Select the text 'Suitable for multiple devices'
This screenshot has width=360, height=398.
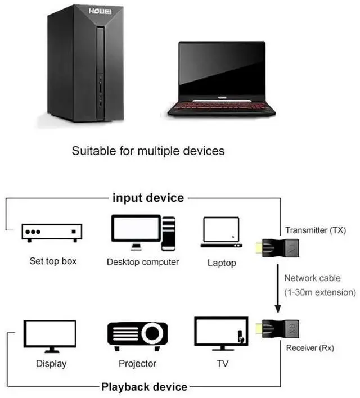[x=148, y=151]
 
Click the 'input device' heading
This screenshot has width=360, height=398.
[x=148, y=198]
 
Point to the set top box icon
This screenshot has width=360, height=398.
[x=52, y=232]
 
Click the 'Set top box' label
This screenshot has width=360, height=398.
[x=53, y=261]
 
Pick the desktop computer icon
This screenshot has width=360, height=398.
[x=143, y=232]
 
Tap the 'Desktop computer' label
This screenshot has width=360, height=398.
[x=143, y=262]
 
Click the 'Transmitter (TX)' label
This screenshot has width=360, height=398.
[x=315, y=230]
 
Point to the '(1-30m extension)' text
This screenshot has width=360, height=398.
[x=320, y=292]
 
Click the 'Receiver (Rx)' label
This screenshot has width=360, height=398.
[x=310, y=348]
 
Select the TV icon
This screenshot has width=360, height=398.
[x=221, y=334]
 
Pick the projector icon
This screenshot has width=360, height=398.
[x=137, y=334]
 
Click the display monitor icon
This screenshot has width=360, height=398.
[x=50, y=336]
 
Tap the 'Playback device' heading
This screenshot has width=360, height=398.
[x=144, y=387]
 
